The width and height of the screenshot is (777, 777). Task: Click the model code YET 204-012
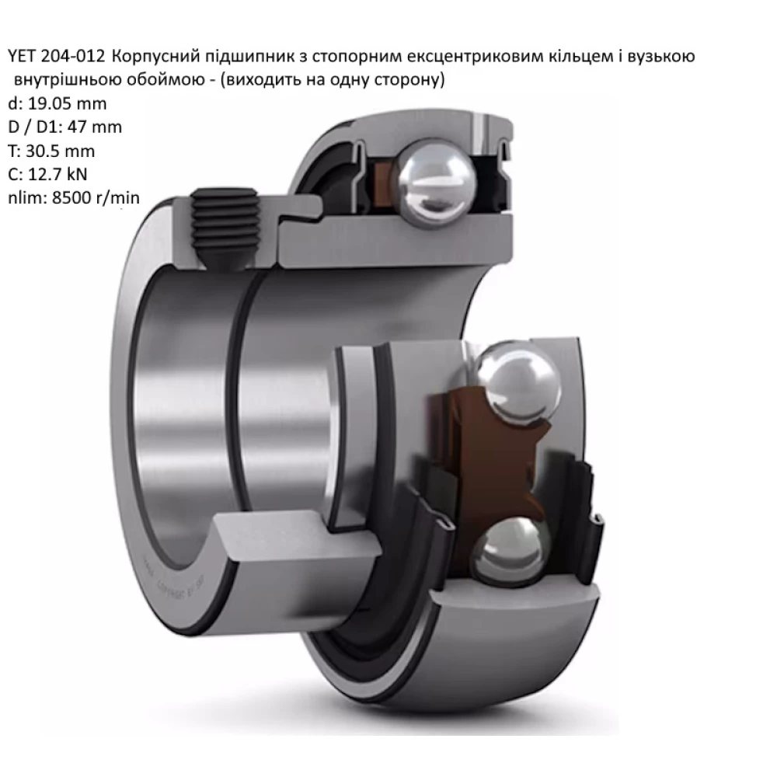(x=55, y=57)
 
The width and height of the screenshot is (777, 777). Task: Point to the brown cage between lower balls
(x=466, y=466)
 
